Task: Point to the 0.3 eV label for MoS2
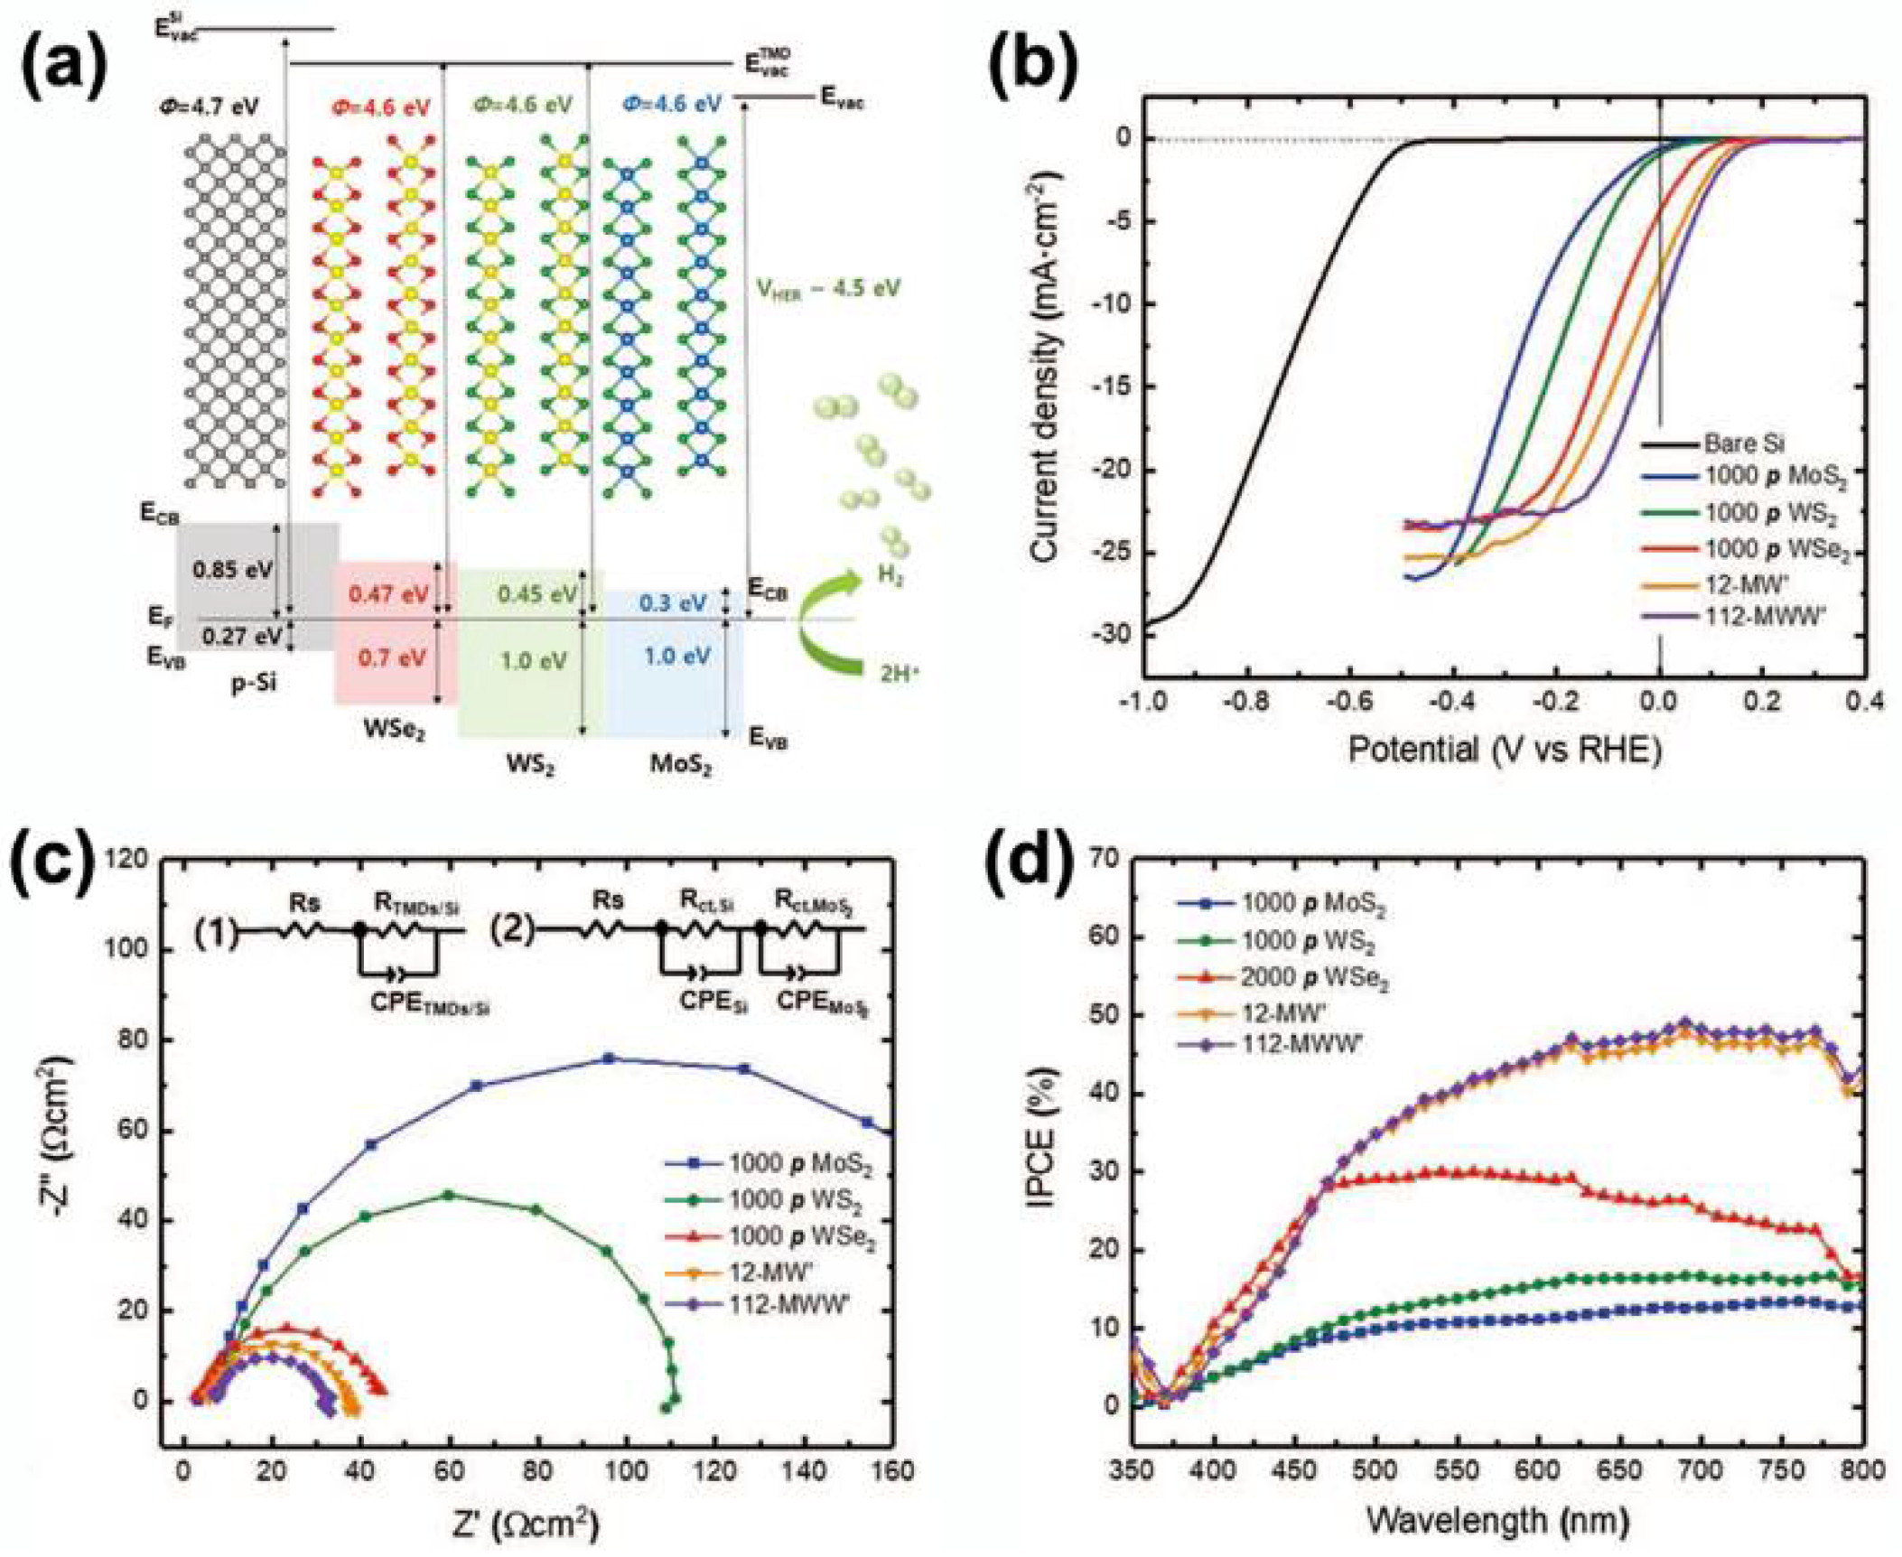pos(672,602)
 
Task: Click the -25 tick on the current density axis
pos(1109,553)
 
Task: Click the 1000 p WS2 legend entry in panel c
pos(795,1202)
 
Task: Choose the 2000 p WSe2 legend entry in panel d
pos(1315,979)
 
